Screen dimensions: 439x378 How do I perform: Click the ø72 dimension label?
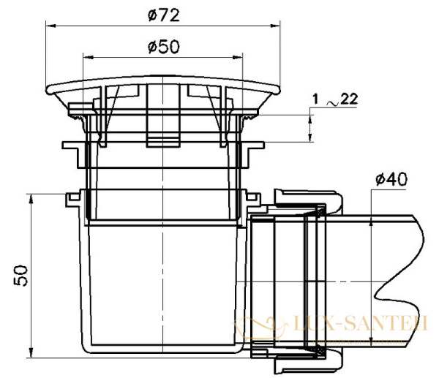(163, 15)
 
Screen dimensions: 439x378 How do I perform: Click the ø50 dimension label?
(163, 47)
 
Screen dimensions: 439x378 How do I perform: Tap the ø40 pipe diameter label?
(391, 179)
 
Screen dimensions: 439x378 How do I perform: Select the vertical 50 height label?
(21, 276)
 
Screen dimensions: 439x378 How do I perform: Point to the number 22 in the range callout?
(349, 99)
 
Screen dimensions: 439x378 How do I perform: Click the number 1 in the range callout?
(315, 99)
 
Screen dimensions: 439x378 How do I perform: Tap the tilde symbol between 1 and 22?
(333, 103)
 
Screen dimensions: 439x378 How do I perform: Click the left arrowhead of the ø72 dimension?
(50, 26)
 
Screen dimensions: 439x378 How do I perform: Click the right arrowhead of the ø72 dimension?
(275, 26)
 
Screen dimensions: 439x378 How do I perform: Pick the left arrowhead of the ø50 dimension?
(88, 57)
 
